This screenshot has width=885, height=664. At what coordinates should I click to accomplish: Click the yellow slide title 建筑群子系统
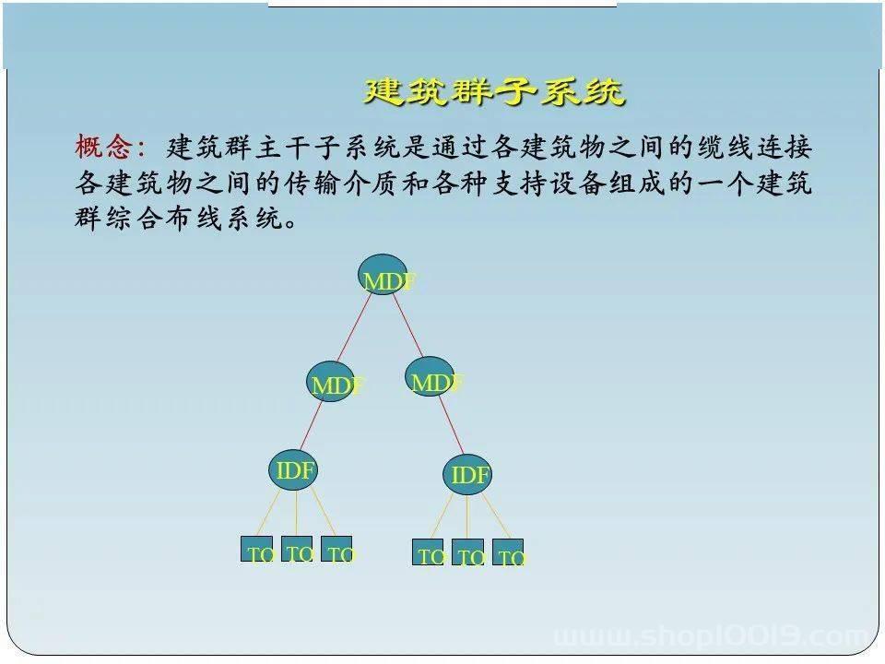(x=494, y=91)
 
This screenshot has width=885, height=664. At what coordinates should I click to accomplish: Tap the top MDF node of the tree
(x=383, y=275)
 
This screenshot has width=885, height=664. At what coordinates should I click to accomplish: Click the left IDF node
(x=293, y=469)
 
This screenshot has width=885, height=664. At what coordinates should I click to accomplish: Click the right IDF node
(x=467, y=474)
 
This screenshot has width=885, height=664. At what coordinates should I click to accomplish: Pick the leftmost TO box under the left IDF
(x=257, y=549)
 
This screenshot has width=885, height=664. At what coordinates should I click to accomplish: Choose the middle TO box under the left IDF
(x=297, y=548)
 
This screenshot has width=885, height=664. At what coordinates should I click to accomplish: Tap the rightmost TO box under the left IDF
(x=336, y=549)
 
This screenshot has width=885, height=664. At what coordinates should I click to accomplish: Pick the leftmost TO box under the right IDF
(x=428, y=551)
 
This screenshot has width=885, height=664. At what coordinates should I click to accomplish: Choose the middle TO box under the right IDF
(x=467, y=551)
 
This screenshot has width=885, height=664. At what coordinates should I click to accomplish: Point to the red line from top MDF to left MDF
(x=354, y=327)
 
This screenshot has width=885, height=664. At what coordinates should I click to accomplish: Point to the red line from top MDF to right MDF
(x=407, y=326)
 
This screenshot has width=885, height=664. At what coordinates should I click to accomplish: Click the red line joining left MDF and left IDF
(x=311, y=426)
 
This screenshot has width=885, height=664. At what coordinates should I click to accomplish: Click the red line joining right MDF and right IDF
(x=451, y=424)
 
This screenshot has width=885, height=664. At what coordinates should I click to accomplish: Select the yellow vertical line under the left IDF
(x=296, y=514)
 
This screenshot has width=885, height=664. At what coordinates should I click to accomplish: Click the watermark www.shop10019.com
(x=713, y=637)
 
